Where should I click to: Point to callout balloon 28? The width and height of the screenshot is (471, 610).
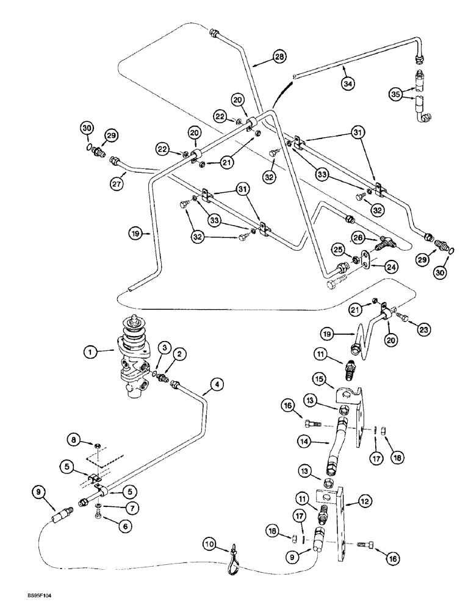click(279, 57)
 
